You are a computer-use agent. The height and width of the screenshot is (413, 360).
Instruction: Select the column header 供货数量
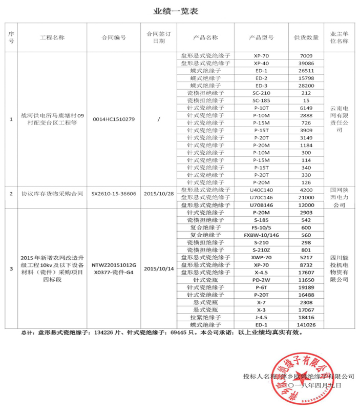[306, 38]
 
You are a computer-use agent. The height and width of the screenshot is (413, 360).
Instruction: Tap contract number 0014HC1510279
[113, 119]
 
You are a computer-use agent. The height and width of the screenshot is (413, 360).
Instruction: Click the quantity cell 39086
[306, 63]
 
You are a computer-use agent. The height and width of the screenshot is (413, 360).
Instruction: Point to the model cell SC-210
[261, 93]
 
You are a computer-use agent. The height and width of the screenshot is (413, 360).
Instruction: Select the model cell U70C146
[261, 197]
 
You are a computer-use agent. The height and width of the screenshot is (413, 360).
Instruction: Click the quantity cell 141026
[306, 324]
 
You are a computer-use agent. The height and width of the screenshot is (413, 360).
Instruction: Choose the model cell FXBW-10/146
[261, 235]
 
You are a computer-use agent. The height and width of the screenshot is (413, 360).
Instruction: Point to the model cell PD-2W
[261, 280]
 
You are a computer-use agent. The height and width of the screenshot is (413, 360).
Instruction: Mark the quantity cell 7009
[306, 55]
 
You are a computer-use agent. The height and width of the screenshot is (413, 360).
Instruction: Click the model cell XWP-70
[261, 257]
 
